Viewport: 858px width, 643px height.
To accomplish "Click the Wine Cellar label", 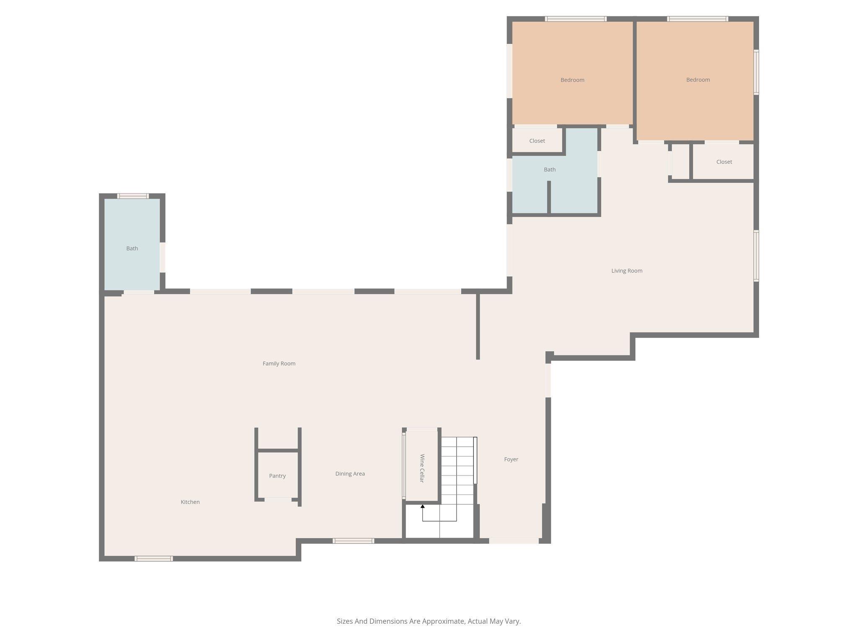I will [x=422, y=468].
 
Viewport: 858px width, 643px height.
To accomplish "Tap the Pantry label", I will [x=277, y=476].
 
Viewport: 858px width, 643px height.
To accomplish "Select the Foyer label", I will [x=511, y=459].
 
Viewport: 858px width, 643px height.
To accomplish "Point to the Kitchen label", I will [x=190, y=502].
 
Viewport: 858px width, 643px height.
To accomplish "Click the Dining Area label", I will [x=350, y=473].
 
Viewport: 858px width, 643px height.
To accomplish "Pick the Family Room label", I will [x=279, y=363].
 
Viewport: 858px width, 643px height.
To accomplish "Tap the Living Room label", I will [x=627, y=270].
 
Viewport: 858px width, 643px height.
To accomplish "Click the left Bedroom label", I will [x=572, y=80].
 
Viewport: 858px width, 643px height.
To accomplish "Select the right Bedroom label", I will [x=698, y=80].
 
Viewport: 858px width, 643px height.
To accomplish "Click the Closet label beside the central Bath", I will [x=537, y=141].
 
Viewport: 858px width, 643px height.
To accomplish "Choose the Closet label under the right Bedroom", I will [x=724, y=162].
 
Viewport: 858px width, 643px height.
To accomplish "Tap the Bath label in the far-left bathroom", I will [x=132, y=248].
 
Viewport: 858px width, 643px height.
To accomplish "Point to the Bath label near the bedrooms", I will [x=550, y=170].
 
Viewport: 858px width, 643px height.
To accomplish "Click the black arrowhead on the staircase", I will [x=423, y=507].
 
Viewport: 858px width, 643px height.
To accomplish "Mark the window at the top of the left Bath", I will [x=133, y=196].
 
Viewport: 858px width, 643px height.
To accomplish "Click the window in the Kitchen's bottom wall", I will [x=154, y=558].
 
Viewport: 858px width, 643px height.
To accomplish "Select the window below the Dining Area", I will [x=353, y=541].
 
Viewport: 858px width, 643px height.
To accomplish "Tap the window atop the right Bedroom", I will [x=698, y=19].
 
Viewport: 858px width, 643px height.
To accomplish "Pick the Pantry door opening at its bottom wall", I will [x=278, y=499].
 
